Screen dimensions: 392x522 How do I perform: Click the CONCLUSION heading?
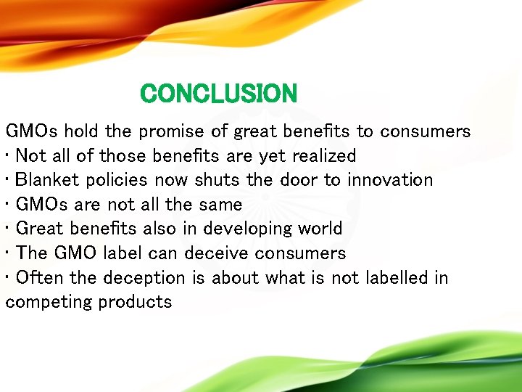click(219, 94)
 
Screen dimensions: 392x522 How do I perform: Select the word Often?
click(37, 277)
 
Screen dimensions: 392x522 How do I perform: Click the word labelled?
click(391, 277)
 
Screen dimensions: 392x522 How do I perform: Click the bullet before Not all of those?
click(8, 156)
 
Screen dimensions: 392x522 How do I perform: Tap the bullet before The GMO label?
click(8, 253)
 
